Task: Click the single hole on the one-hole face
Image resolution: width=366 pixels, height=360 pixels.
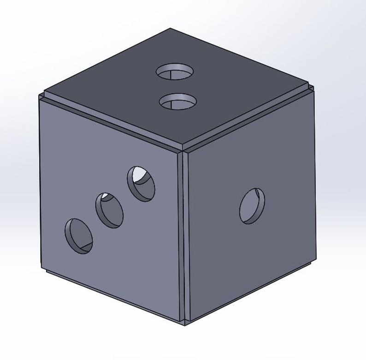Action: [x=252, y=206]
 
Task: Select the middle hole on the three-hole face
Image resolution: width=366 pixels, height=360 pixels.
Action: [x=109, y=210]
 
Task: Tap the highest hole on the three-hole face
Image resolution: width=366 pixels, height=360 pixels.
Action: [x=142, y=183]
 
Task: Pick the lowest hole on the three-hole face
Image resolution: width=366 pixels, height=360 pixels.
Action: [x=78, y=236]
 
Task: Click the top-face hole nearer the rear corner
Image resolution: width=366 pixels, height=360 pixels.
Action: [x=174, y=72]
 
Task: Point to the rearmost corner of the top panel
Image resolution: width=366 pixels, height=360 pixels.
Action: [x=170, y=29]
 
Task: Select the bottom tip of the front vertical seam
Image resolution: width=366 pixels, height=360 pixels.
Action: [x=185, y=323]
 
